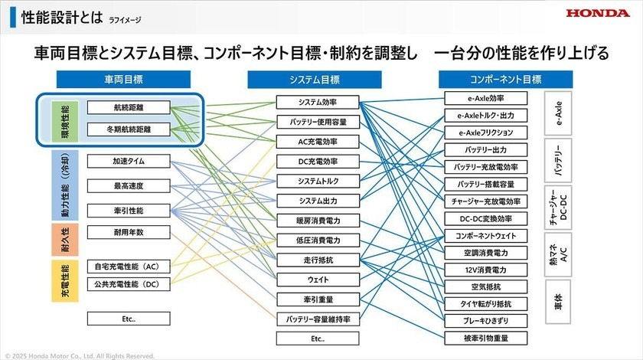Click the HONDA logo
(x=598, y=13)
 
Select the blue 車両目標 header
(x=123, y=79)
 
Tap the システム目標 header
(x=315, y=80)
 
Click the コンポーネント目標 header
(x=506, y=79)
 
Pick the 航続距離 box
(x=129, y=107)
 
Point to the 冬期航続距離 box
(x=129, y=129)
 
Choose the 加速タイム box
(x=129, y=161)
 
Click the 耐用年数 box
(x=129, y=232)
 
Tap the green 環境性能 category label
(x=65, y=122)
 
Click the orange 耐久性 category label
(x=65, y=240)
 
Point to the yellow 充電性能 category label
(x=65, y=281)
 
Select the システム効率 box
(x=318, y=102)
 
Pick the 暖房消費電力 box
(x=318, y=221)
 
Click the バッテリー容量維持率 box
(x=318, y=319)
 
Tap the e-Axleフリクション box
(x=486, y=133)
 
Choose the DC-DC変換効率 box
(x=486, y=219)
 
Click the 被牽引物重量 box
(x=486, y=339)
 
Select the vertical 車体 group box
(x=558, y=302)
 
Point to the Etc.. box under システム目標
(x=318, y=339)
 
